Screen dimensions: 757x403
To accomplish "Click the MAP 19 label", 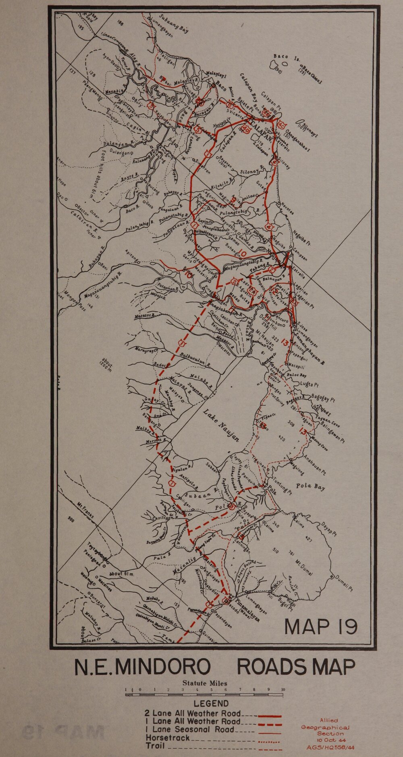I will [321, 626].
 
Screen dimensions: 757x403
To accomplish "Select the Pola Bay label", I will [310, 486].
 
